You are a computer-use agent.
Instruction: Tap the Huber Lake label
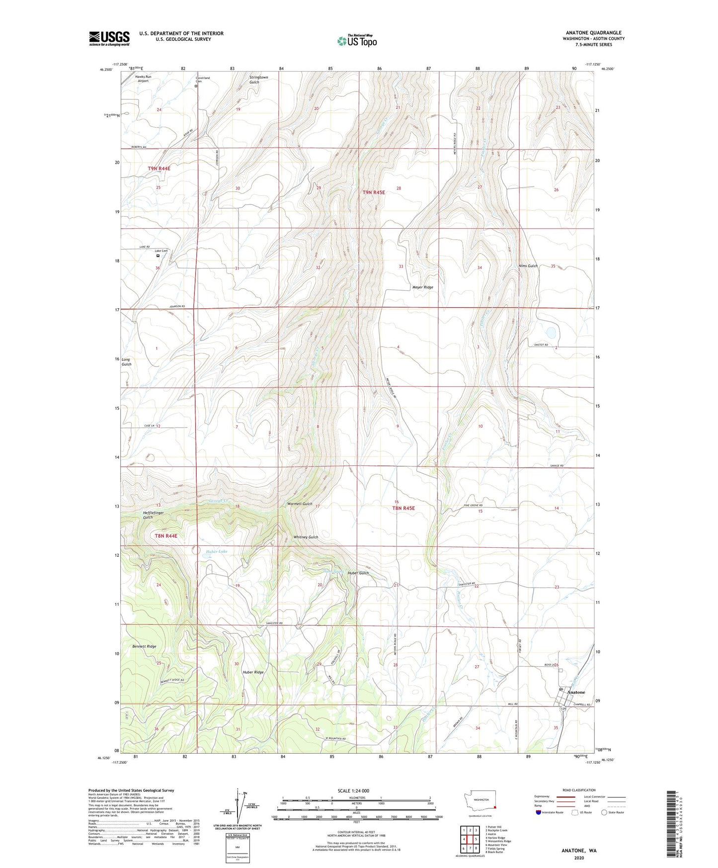216,551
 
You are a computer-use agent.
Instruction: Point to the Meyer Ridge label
422,287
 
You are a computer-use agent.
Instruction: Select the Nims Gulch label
528,266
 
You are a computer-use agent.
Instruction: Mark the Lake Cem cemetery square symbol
158,256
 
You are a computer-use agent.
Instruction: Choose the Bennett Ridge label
144,646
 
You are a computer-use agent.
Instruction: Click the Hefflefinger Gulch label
153,515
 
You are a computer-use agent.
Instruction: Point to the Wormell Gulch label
300,504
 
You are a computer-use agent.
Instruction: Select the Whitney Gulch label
306,537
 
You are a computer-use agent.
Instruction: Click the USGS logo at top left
109,38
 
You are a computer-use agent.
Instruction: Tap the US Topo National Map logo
357,40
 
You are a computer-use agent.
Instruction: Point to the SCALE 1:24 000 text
353,790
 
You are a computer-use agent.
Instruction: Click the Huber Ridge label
253,672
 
